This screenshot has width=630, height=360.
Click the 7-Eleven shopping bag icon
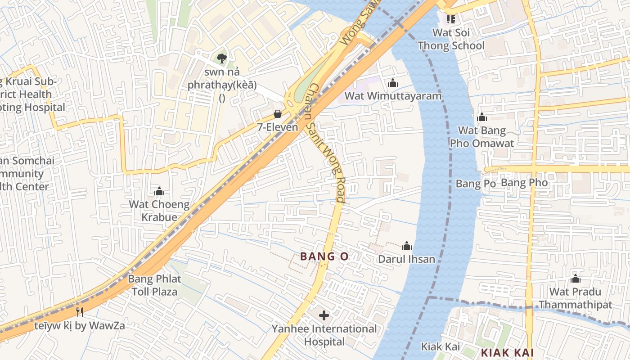coord(278,114)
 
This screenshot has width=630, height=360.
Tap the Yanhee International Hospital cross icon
coord(324,315)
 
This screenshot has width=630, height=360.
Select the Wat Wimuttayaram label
coord(393,96)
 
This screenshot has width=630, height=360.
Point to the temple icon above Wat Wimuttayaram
coord(393,83)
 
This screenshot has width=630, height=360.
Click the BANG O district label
coord(324,256)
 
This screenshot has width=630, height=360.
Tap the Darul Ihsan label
coord(406,259)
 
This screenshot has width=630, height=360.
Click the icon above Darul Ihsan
coord(407,246)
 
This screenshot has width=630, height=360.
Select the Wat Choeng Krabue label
coord(159,211)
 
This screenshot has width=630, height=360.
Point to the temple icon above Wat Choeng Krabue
coord(159,191)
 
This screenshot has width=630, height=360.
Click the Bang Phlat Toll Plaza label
coord(154,285)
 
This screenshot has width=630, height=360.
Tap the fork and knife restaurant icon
coord(80,312)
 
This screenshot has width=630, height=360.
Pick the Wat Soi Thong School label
coord(451,39)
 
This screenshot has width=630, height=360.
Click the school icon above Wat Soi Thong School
coord(451,19)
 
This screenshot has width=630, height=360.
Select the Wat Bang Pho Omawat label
coord(482,137)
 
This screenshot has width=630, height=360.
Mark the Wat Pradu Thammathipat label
coord(575,298)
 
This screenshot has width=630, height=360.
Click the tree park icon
coord(221,58)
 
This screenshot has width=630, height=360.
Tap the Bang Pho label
coord(524,183)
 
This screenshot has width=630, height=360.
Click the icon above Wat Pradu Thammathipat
coord(575,279)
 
